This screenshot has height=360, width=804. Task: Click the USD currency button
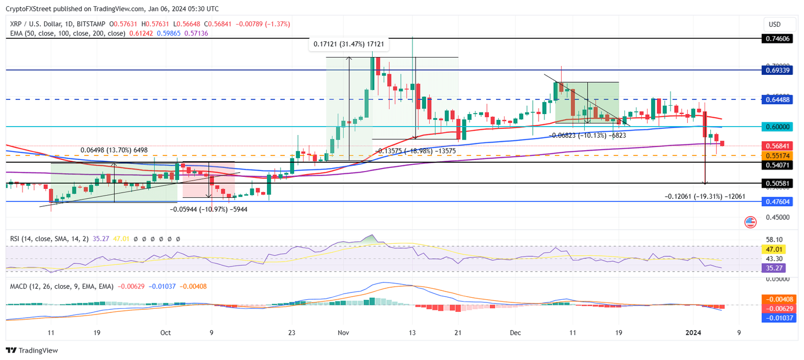pyautogui.click(x=774, y=24)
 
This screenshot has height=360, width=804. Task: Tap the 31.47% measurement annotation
pyautogui.click(x=349, y=44)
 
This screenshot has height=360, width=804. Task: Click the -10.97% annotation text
pyautogui.click(x=208, y=209)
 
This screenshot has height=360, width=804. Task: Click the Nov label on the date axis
pyautogui.click(x=343, y=332)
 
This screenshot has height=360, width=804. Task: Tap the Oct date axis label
pyautogui.click(x=165, y=332)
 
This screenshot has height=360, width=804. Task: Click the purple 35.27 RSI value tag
pyautogui.click(x=775, y=267)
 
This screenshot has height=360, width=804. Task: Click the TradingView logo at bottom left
pyautogui.click(x=32, y=351)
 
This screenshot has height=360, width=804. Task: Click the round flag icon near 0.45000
pyautogui.click(x=750, y=222)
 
